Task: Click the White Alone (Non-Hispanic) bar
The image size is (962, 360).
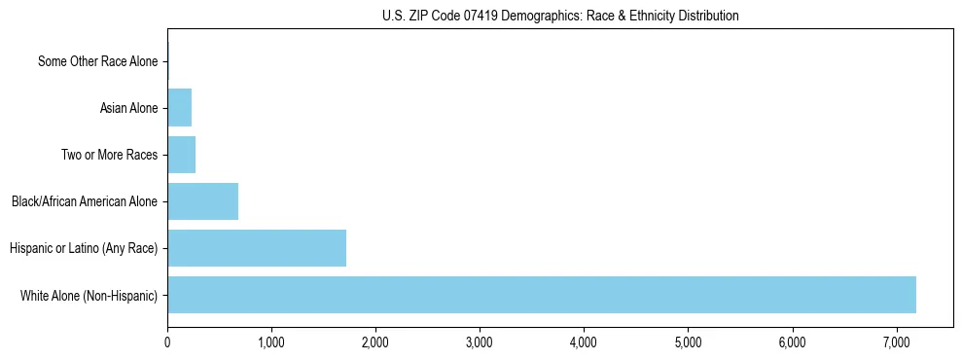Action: pyautogui.click(x=542, y=295)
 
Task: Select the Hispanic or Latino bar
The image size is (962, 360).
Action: pyautogui.click(x=257, y=248)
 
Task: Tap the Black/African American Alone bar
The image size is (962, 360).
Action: pyautogui.click(x=202, y=201)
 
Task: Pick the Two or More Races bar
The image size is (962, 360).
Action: pyautogui.click(x=181, y=155)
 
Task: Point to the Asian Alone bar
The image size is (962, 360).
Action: pyautogui.click(x=179, y=108)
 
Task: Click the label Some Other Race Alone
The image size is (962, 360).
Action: pyautogui.click(x=97, y=61)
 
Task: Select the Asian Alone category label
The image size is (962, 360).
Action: pyautogui.click(x=128, y=108)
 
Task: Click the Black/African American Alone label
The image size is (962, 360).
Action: pyautogui.click(x=85, y=201)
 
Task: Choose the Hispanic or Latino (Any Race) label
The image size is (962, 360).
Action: pyautogui.click(x=84, y=248)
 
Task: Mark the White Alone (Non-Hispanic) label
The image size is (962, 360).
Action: pyautogui.click(x=89, y=295)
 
